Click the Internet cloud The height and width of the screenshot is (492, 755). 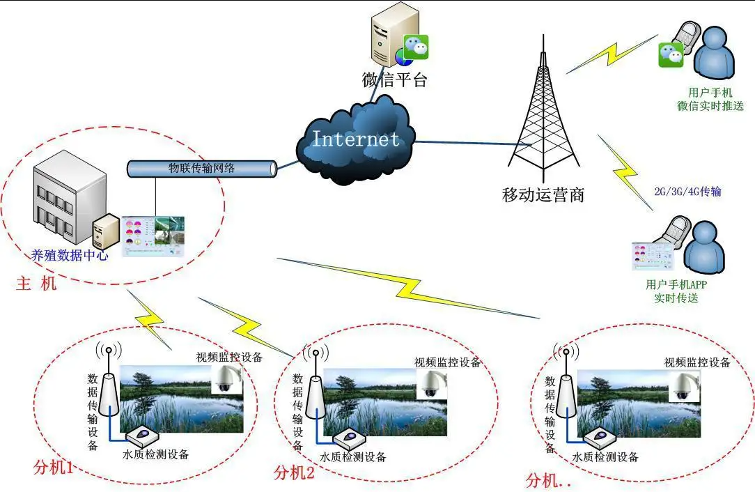point(355,139)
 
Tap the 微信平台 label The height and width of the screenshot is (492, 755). point(394,80)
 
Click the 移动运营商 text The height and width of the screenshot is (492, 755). point(543,194)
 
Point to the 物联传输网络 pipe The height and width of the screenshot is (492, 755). point(202,168)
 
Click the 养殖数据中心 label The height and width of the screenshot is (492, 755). point(70,256)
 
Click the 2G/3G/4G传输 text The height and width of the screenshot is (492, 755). point(687,191)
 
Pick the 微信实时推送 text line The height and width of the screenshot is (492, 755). point(710,106)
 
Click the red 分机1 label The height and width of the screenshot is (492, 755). point(54,468)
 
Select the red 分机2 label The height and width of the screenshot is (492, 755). point(294,473)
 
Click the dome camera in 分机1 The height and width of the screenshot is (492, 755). point(226,380)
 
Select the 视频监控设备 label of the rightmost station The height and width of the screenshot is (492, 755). point(697,362)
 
